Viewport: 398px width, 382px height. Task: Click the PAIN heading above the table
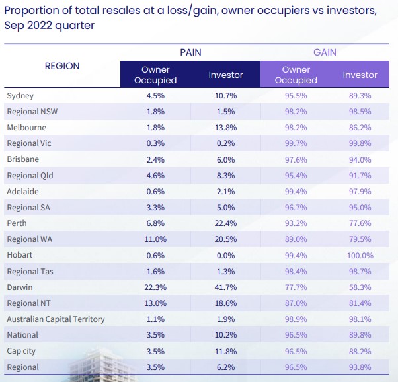190,52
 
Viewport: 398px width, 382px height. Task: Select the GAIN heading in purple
325,52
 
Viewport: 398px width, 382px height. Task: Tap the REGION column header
62,66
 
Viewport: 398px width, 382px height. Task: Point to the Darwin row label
19,287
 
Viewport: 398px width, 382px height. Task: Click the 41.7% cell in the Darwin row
225,287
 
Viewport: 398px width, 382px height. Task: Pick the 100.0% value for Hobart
360,255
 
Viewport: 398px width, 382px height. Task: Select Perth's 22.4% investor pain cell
225,223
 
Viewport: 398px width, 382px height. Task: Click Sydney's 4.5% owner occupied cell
155,96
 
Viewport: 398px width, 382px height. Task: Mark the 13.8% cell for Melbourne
225,128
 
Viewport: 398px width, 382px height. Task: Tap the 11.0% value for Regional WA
155,239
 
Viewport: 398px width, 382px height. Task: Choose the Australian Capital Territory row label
56,319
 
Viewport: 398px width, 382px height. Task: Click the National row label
22,335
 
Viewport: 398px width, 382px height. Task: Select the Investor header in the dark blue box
225,75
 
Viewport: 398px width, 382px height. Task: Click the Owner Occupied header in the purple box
296,75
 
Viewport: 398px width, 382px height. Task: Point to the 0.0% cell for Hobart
225,255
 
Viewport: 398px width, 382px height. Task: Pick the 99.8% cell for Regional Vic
360,143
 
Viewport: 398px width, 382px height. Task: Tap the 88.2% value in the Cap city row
360,351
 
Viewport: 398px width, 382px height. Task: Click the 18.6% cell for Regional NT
225,303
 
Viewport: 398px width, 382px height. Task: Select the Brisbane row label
22,159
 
